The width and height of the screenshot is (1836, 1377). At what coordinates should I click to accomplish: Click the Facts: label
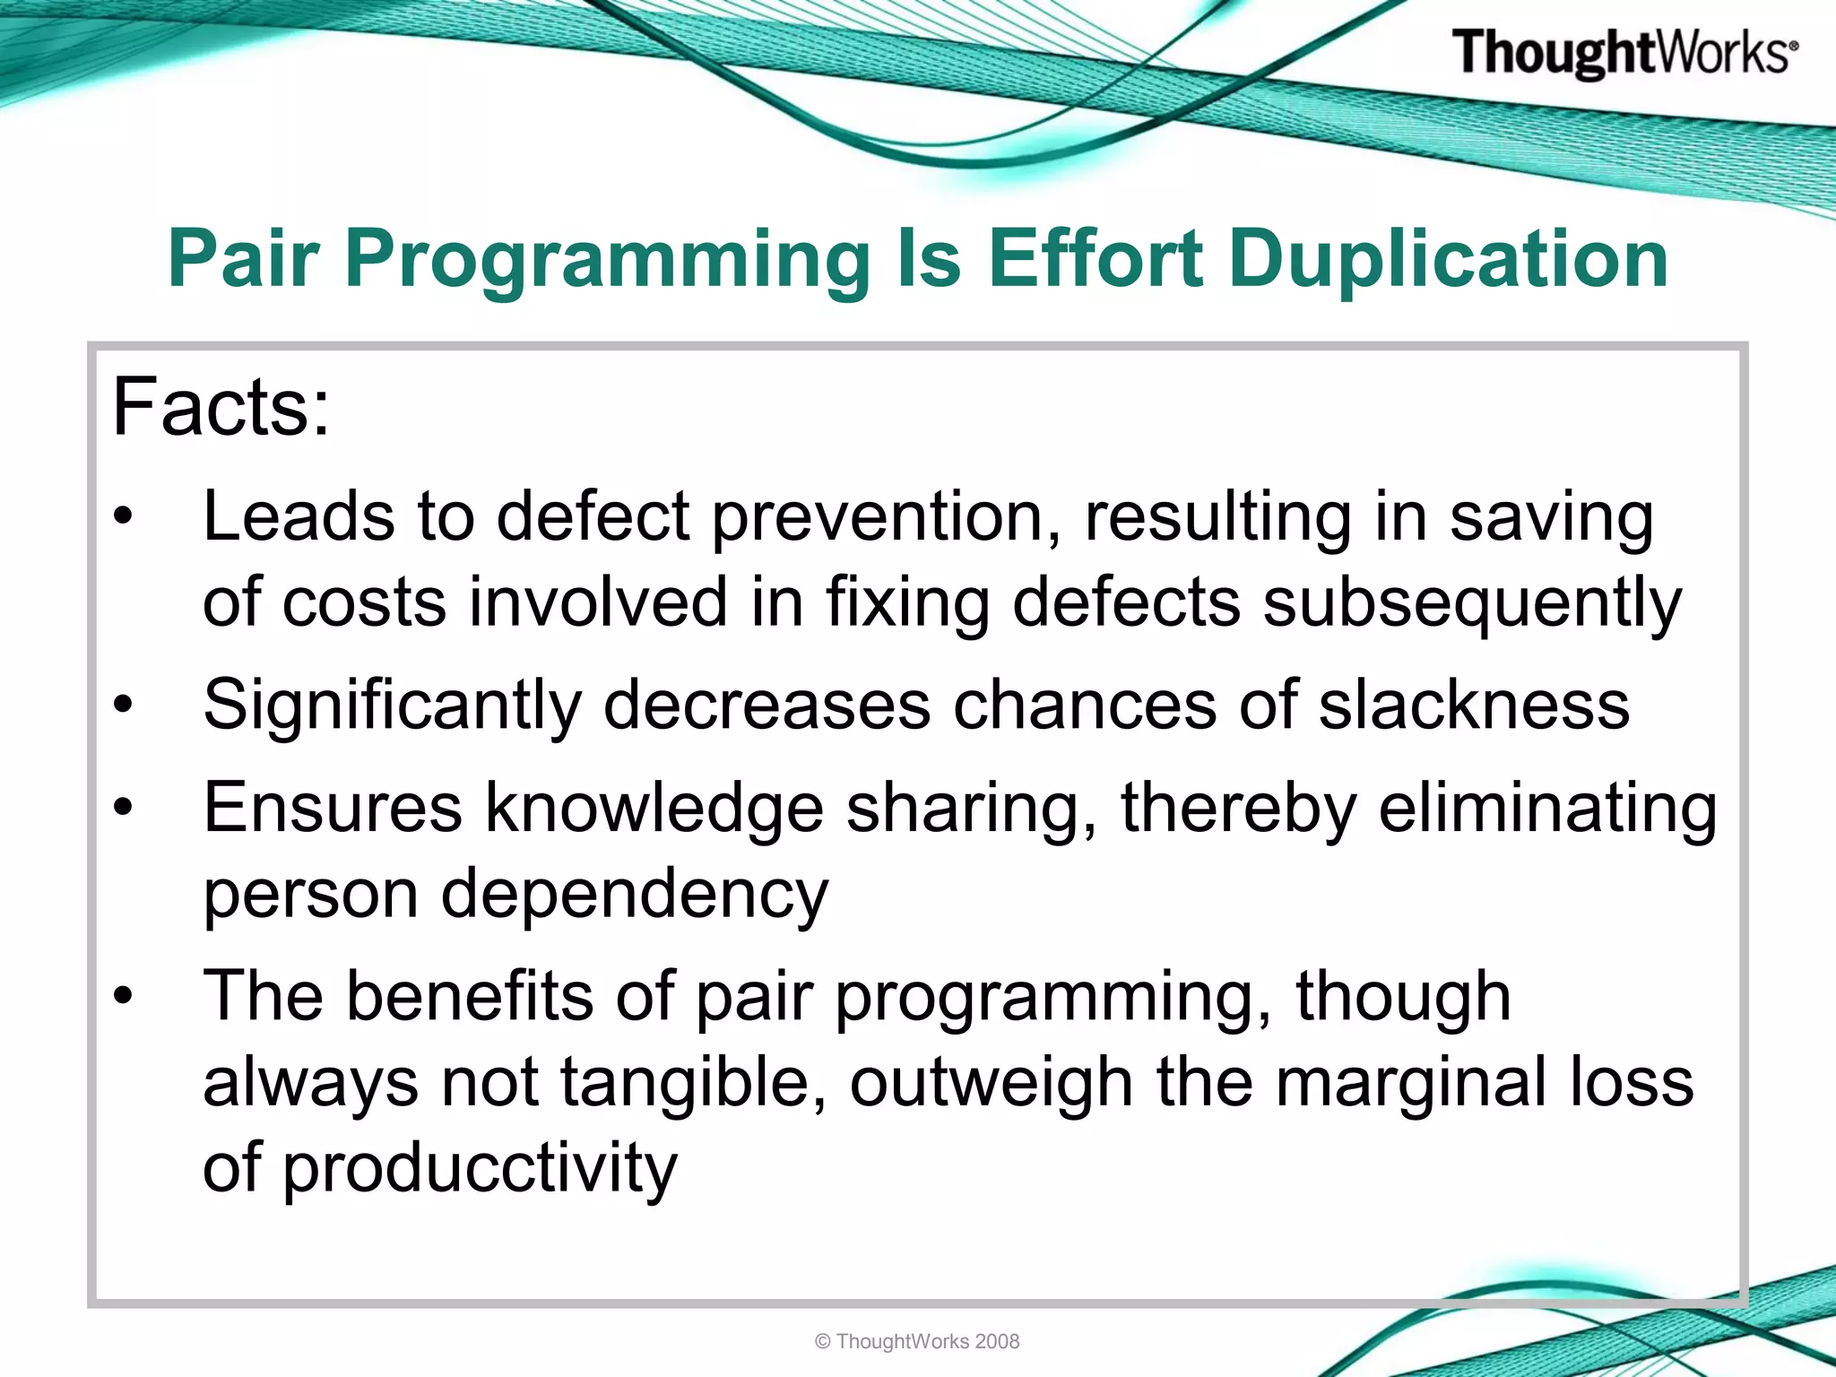point(221,408)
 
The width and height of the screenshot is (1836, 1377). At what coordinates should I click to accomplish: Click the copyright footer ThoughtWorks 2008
point(917,1341)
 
